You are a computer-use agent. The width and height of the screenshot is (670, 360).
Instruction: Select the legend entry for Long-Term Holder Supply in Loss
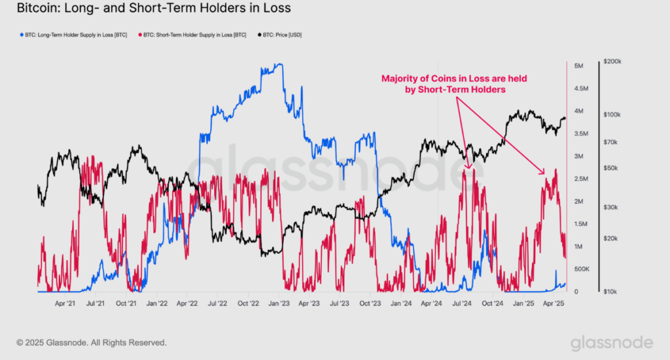click(74, 35)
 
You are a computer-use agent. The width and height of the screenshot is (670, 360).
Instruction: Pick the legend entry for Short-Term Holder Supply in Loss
click(194, 35)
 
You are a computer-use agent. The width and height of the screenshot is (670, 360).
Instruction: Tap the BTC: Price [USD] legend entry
click(281, 35)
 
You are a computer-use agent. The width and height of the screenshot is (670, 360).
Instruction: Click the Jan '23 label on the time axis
click(279, 304)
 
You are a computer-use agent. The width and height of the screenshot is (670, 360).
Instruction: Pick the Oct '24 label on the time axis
click(493, 304)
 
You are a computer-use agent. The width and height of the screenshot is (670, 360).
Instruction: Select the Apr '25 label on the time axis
click(554, 304)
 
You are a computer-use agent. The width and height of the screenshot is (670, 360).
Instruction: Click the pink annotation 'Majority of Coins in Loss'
click(454, 79)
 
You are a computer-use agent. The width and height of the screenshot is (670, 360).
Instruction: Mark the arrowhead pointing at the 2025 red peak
click(542, 172)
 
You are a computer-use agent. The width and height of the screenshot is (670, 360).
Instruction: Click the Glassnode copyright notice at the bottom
click(92, 342)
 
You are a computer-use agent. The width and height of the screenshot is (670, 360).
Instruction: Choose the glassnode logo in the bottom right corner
click(611, 342)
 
